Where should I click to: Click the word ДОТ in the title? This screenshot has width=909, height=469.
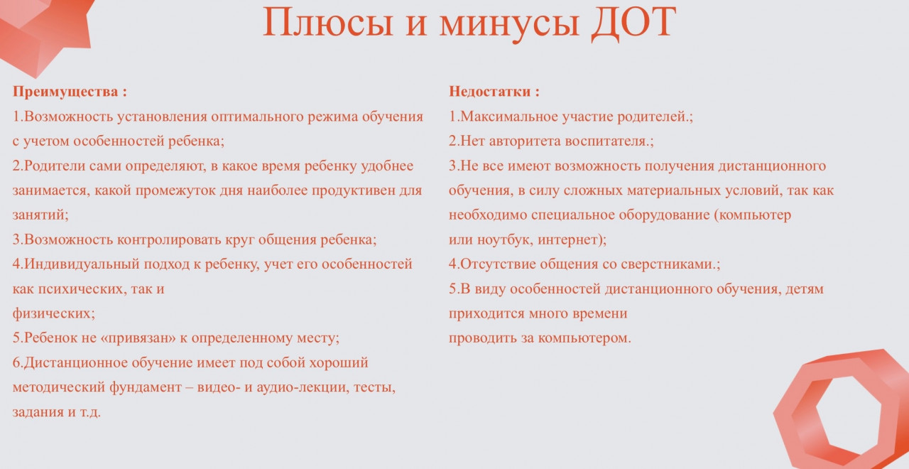633,23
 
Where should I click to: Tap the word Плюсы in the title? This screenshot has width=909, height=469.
328,23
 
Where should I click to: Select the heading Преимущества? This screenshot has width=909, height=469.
65,92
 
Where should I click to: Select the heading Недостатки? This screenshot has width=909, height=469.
489,92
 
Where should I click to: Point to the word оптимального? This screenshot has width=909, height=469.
257,117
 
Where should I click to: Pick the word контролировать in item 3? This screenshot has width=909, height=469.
169,239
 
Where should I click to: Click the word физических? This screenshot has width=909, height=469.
53,313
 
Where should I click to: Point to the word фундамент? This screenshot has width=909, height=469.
146,387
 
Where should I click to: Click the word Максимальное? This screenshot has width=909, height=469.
509,117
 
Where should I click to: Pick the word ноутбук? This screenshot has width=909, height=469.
504,239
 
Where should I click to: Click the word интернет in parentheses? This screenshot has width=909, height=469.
570,240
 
